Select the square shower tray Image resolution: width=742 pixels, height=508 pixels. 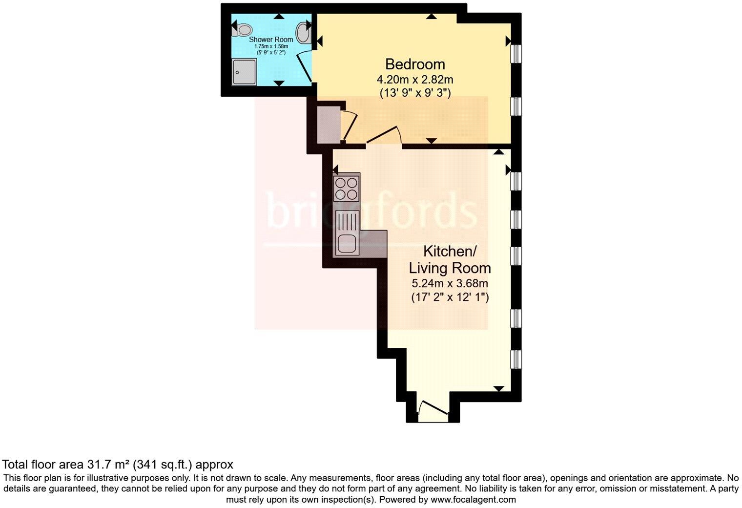[x=244, y=72]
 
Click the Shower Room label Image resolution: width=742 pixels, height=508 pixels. [x=271, y=40]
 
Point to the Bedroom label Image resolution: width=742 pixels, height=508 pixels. [x=415, y=64]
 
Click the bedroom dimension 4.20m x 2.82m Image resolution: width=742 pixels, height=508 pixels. [x=415, y=79]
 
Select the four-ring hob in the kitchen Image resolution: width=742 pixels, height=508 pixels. [x=346, y=188]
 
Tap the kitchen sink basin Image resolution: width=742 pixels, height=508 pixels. [x=346, y=243]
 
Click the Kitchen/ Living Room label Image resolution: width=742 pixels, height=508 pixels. [x=450, y=260]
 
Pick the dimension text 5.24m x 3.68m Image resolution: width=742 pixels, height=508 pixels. [x=450, y=283]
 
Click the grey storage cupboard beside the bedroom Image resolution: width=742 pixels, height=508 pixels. [x=326, y=125]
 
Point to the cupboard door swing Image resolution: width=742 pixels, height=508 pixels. [x=349, y=125]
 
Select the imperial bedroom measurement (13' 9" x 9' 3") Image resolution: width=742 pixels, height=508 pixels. [x=415, y=93]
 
